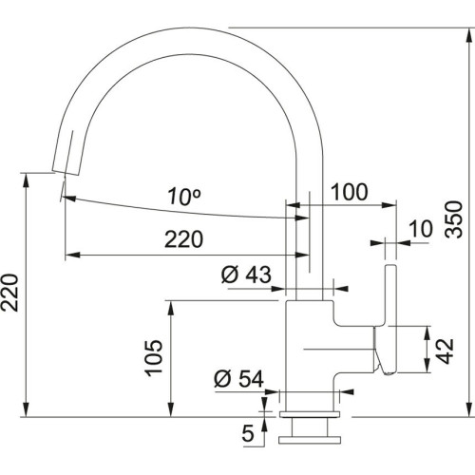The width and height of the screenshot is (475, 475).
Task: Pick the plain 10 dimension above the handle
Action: coord(420,229)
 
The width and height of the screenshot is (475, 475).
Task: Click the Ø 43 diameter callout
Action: coord(246,275)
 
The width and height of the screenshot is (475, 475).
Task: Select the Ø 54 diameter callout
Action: coord(237,379)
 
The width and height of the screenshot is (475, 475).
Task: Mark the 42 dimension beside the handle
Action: coord(442,348)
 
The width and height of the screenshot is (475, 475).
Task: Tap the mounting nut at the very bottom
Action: coord(309,435)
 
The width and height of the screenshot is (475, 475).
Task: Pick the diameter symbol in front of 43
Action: coord(229,275)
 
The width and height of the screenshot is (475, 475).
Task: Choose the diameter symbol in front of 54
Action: coord(221,379)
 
